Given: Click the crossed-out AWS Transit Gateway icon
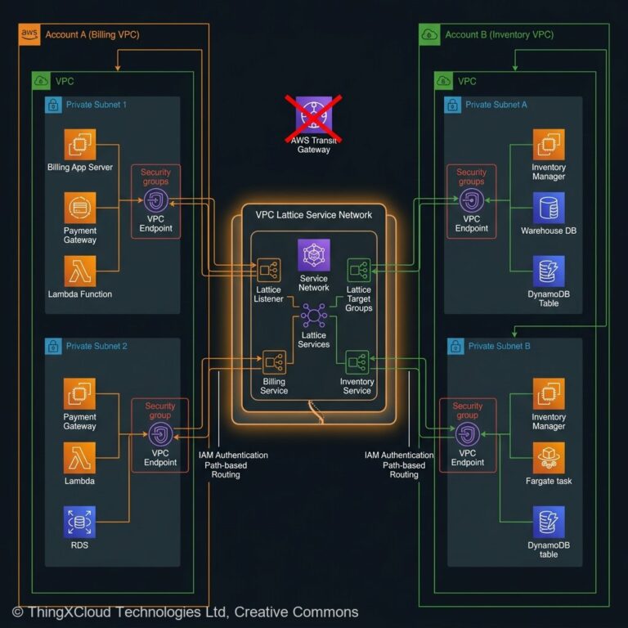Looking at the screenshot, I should click(312, 117).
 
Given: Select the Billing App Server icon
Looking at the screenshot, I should click(80, 146).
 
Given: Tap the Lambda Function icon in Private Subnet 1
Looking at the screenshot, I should click(80, 271).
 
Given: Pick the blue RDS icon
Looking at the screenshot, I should click(80, 522).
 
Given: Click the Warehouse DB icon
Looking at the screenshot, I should click(549, 208).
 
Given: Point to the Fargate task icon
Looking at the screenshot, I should click(549, 458).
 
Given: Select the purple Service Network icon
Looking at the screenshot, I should click(314, 255).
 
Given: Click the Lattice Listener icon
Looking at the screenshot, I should click(268, 269).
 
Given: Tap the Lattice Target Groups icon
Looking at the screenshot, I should click(359, 269).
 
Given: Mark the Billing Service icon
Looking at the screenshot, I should click(274, 361).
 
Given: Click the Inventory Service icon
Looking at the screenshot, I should click(357, 361).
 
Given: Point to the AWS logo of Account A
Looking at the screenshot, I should click(29, 34).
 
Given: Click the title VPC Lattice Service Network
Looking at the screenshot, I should click(313, 215).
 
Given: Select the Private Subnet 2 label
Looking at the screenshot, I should click(96, 347).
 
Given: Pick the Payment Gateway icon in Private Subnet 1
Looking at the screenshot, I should click(80, 208).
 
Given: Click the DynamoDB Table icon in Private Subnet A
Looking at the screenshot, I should click(549, 271).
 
